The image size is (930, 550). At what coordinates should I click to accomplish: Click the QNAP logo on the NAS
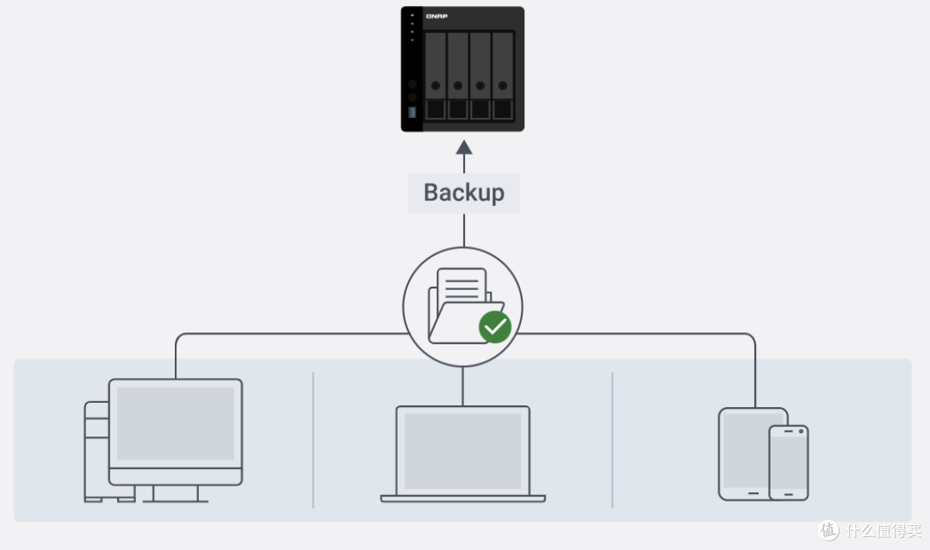click(x=437, y=16)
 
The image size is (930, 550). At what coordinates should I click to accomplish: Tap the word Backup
click(x=464, y=193)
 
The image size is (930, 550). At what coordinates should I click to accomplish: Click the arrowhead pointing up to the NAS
click(x=464, y=147)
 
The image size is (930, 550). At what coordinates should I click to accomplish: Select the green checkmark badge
click(x=495, y=326)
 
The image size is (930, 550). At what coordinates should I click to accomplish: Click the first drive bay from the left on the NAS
click(x=436, y=76)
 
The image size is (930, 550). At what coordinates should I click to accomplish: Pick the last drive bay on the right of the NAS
click(x=502, y=76)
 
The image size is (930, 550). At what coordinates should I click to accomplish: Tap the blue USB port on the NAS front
click(x=412, y=112)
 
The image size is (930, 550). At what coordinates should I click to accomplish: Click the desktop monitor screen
click(x=176, y=423)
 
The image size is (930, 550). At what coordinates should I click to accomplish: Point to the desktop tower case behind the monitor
click(x=96, y=450)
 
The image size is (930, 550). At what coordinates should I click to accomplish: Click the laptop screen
click(x=462, y=450)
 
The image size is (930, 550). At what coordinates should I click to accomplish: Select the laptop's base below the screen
click(x=462, y=498)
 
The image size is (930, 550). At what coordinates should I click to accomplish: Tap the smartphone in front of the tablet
click(x=789, y=463)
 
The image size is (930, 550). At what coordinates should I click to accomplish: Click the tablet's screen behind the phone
click(x=746, y=450)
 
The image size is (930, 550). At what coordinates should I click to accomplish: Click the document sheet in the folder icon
click(x=462, y=286)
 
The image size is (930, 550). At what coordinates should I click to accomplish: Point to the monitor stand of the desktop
click(x=176, y=494)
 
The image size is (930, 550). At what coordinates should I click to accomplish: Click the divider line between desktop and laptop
click(x=313, y=441)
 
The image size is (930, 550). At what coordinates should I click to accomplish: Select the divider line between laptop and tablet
click(x=612, y=441)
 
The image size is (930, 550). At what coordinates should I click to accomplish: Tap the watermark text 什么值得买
click(x=883, y=530)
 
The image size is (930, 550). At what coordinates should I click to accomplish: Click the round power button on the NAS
click(x=412, y=84)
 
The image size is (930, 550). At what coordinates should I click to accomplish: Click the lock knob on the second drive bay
click(x=458, y=85)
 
